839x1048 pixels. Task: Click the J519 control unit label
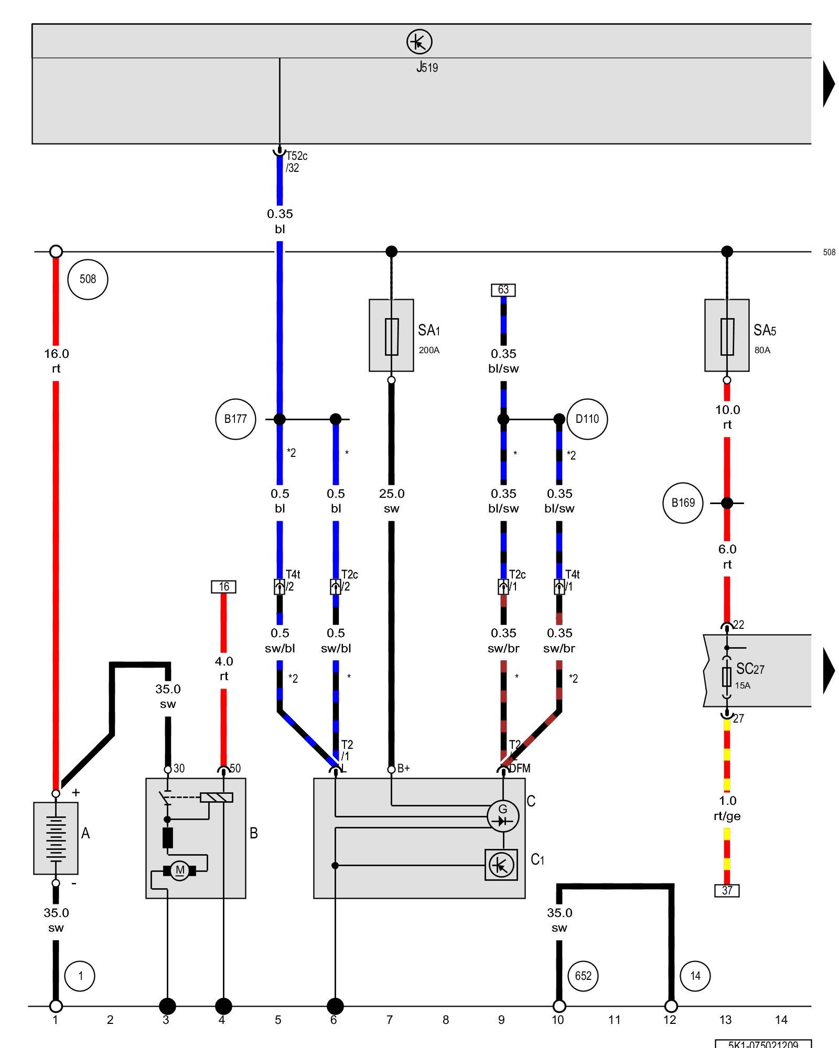pos(427,67)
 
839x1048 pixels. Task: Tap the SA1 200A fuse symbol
pos(391,336)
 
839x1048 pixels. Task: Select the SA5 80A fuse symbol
pos(727,336)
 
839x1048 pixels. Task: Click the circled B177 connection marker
pos(235,419)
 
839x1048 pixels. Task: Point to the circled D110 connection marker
pos(587,419)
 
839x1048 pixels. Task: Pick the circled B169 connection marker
pos(683,503)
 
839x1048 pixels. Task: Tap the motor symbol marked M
pos(180,870)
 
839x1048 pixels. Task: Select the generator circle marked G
pos(503,816)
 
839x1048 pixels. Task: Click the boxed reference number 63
pos(503,290)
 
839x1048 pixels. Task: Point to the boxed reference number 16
pos(223,586)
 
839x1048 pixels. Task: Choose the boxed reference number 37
pos(727,890)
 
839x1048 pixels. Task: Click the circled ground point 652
pos(583,976)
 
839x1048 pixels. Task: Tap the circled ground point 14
pos(695,976)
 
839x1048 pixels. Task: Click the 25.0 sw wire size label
pos(391,501)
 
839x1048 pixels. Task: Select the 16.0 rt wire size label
pos(56,361)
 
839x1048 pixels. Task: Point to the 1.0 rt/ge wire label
pos(727,808)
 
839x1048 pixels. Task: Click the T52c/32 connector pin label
pos(296,162)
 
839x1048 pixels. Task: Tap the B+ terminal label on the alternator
pos(403,768)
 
